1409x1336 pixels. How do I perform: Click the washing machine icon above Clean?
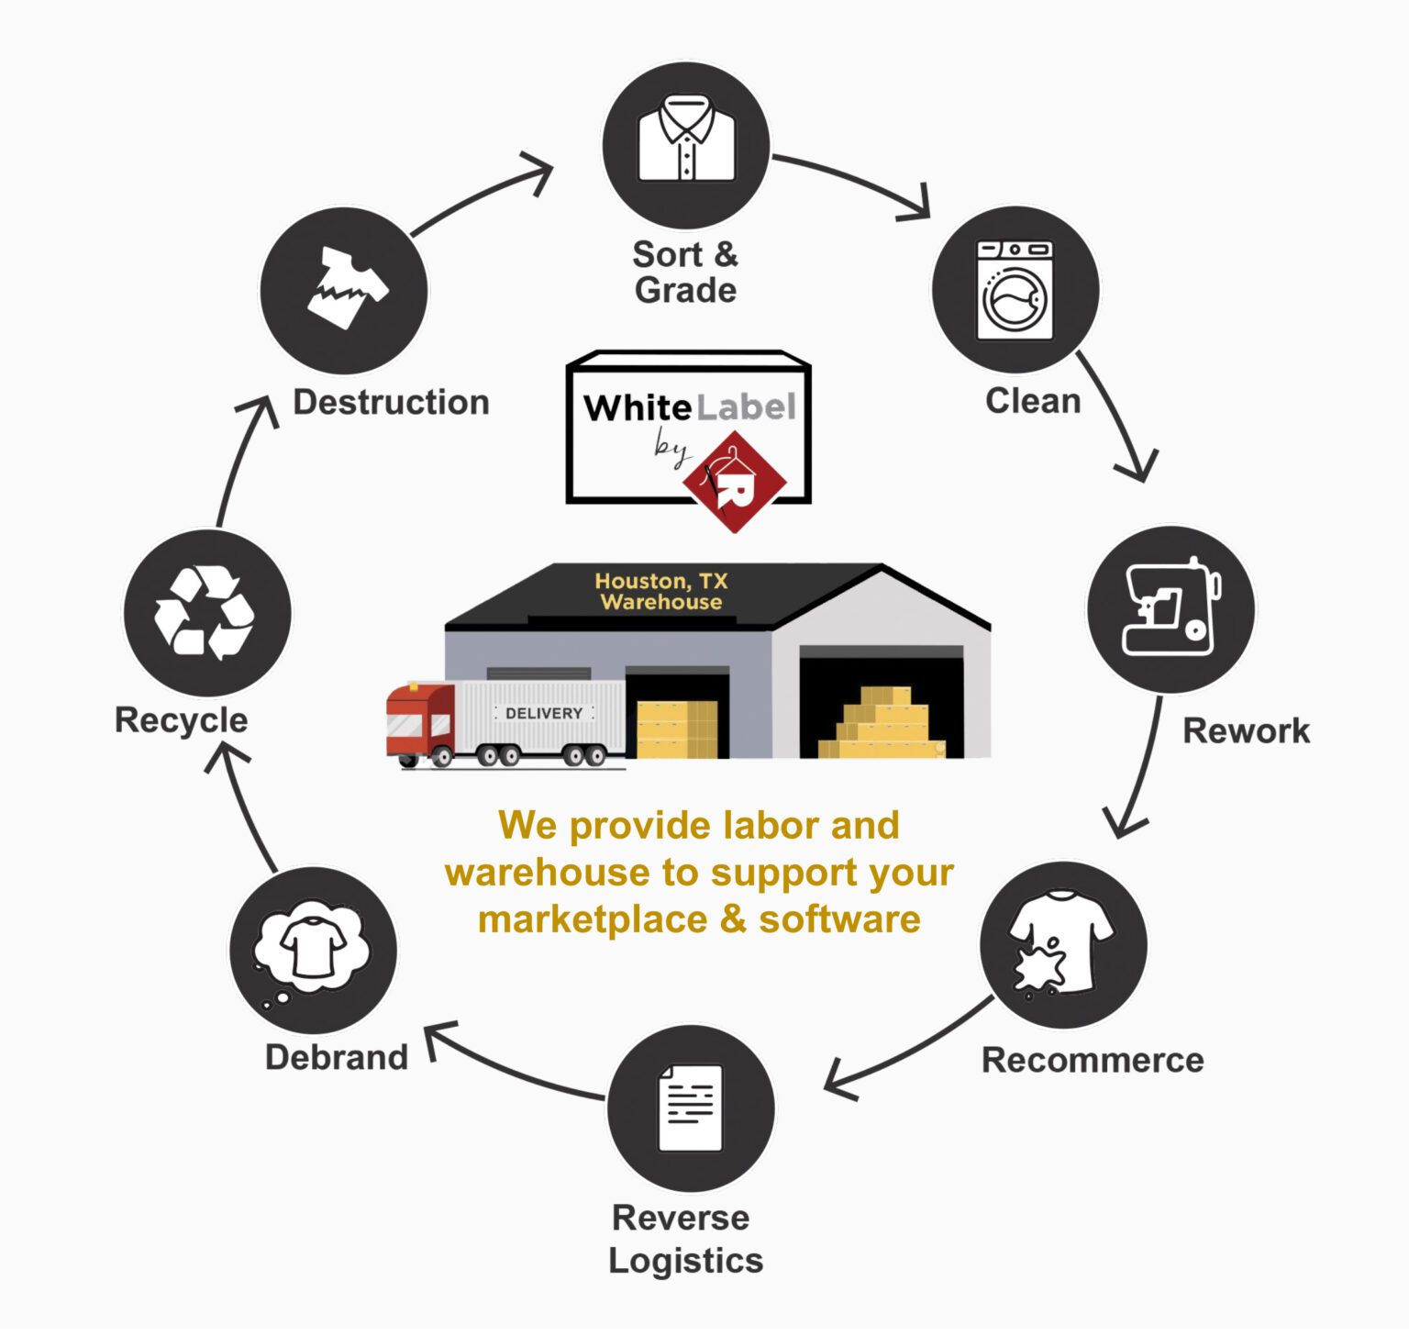(x=1015, y=290)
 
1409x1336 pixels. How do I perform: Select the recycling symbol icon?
(x=205, y=612)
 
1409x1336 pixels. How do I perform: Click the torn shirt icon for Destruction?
(x=345, y=288)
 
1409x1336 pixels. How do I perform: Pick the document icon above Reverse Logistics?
(x=690, y=1108)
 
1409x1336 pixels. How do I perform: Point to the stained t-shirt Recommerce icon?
(x=1062, y=943)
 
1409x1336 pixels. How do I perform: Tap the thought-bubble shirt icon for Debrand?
(x=312, y=949)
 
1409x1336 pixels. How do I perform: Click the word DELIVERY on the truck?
(x=544, y=713)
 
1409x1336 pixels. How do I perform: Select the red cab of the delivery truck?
(x=418, y=721)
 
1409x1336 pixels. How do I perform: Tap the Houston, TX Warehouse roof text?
(x=660, y=592)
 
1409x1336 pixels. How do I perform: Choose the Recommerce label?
(x=1092, y=1060)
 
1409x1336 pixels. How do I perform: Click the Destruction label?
(x=391, y=402)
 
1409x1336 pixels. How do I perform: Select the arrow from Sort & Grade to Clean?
(x=853, y=182)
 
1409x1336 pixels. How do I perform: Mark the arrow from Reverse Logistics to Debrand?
(x=514, y=1066)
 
